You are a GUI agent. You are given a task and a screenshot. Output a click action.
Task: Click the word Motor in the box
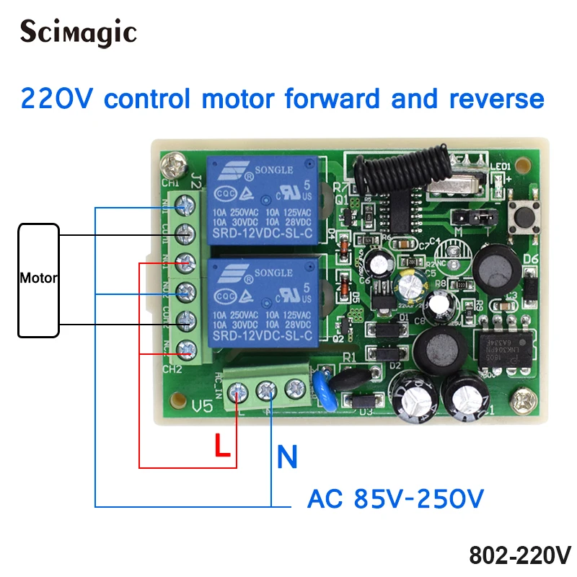39,278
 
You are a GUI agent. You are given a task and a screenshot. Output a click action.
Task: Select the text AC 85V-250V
395,498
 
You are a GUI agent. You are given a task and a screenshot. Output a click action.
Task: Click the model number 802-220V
519,555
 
